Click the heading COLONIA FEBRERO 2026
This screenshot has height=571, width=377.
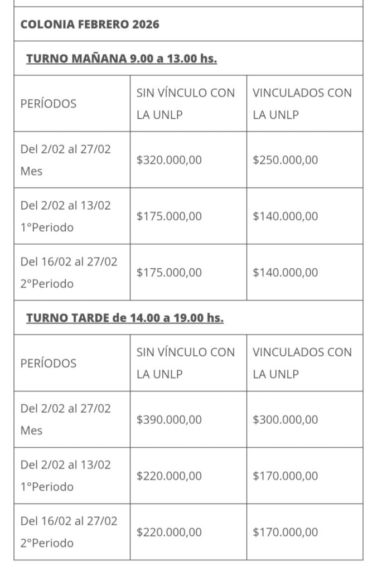tap(90, 25)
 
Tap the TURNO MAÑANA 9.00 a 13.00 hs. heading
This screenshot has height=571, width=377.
tap(121, 59)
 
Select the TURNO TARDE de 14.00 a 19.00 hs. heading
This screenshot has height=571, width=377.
tap(124, 318)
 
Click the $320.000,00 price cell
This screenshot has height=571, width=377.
tap(169, 160)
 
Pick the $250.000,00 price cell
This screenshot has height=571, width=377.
tap(285, 160)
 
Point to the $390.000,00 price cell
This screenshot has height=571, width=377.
tap(169, 419)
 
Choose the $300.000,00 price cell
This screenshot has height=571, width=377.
tap(285, 419)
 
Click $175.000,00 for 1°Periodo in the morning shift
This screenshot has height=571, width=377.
tap(169, 216)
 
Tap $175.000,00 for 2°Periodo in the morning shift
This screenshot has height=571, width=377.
tap(169, 273)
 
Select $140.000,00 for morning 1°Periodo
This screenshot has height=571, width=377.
tap(285, 216)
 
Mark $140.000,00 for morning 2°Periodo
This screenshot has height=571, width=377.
tap(285, 273)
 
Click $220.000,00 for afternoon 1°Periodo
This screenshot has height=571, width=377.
tap(169, 476)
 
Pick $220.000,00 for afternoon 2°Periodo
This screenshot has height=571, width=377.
tap(169, 532)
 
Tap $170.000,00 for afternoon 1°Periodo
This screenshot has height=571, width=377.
tap(285, 476)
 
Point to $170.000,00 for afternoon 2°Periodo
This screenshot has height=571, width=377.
tap(285, 532)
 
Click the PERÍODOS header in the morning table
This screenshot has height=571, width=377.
tap(49, 104)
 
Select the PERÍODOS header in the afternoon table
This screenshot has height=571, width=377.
tap(49, 363)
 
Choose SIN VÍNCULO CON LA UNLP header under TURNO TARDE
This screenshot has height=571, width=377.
tap(186, 363)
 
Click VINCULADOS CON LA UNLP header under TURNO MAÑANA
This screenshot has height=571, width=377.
tap(302, 104)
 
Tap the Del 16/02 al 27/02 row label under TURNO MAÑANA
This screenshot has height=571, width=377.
tap(69, 272)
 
